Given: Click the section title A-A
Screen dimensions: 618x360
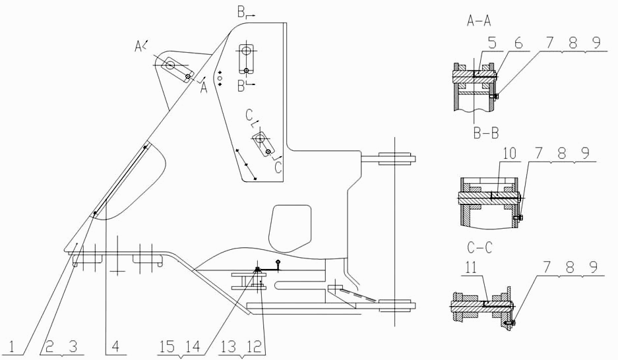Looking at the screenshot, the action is click(479, 20).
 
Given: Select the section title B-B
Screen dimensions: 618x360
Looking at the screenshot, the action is click(486, 133).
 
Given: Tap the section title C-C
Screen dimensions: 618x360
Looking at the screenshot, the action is click(479, 248).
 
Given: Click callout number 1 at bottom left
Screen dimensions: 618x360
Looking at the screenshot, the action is click(13, 347).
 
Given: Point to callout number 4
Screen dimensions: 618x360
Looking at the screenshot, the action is click(115, 347).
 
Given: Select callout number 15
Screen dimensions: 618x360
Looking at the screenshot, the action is click(167, 347).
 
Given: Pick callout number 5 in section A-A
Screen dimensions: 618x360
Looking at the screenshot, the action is click(492, 43).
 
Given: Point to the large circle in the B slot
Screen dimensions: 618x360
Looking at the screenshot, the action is click(246, 51).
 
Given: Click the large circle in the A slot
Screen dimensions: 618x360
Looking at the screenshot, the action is click(170, 65).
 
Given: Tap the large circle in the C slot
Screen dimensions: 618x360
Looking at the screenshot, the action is click(260, 138).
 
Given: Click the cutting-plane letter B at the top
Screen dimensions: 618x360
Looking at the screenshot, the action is click(241, 13).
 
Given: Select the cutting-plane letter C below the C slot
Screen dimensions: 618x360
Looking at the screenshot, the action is click(278, 167).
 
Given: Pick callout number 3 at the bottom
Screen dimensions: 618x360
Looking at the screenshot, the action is click(73, 347).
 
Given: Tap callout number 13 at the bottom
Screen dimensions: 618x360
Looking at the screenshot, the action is click(229, 347).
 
